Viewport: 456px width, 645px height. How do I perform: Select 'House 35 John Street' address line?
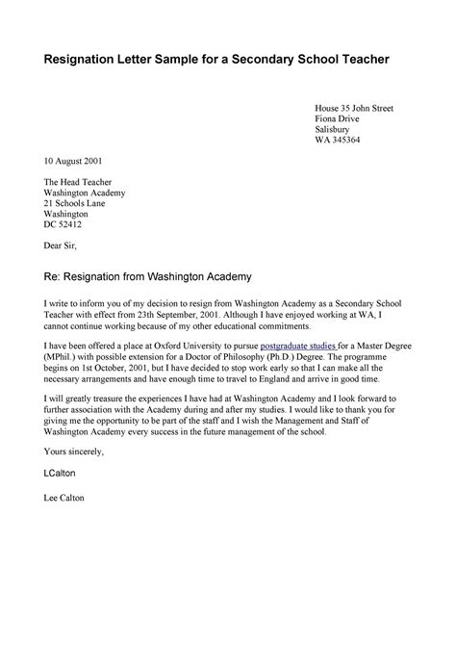click(354, 106)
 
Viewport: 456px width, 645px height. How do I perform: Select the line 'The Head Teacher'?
click(74, 181)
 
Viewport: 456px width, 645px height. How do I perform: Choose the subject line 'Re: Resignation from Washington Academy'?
click(145, 276)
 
